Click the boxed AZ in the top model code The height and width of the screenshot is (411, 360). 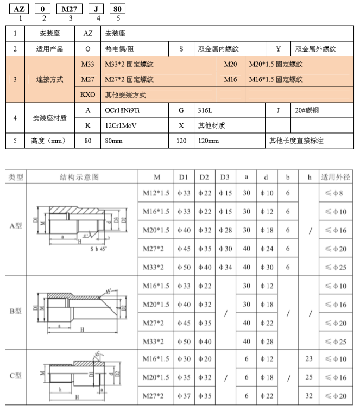(20, 9)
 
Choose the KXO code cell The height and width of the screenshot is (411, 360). (88, 95)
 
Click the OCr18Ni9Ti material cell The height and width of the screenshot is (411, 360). (124, 110)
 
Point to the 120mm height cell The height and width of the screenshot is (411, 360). (209, 141)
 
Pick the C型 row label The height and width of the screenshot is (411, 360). (16, 376)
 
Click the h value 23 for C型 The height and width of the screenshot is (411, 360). (309, 359)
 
